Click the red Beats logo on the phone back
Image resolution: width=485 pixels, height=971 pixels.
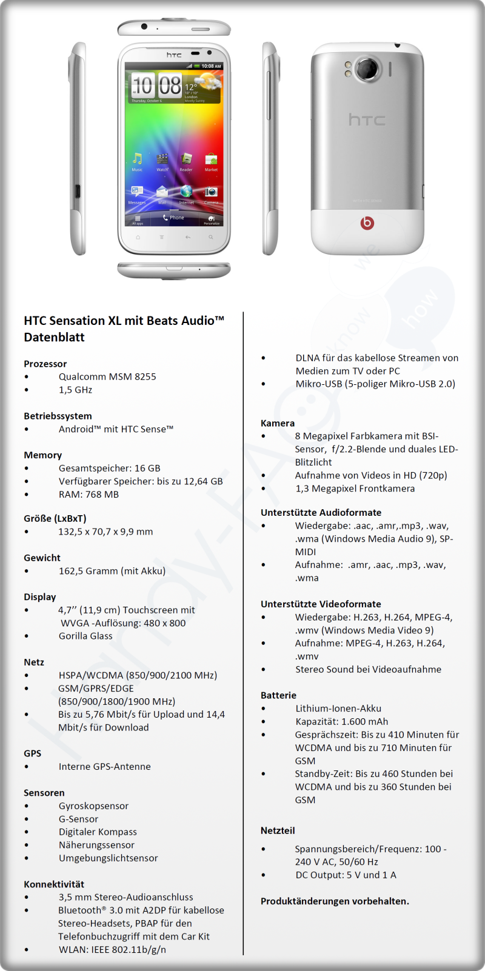point(367,223)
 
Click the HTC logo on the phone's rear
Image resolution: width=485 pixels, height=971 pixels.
point(367,120)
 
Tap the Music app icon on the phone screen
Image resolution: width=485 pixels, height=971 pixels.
point(138,159)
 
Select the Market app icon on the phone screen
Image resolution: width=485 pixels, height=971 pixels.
point(211,159)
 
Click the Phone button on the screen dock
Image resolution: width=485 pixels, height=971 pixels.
point(173,218)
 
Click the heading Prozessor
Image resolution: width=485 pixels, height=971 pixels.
point(45,364)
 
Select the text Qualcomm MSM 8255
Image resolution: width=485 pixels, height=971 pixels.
point(107,376)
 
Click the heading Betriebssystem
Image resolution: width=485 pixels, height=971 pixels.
point(58,416)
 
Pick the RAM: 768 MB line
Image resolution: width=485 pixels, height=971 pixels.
point(89,494)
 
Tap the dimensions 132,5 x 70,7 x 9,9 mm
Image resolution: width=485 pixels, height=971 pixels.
point(105,532)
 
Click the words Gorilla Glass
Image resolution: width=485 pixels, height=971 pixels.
point(85,636)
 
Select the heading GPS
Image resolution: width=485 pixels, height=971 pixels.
point(33,753)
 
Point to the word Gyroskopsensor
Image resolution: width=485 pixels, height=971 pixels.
point(93,806)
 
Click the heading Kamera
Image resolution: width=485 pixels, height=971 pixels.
point(278,423)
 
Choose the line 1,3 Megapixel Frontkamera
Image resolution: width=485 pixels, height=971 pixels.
point(355,488)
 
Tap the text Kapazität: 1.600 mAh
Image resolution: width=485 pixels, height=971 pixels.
point(341,721)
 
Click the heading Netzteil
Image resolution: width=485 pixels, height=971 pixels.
point(278,830)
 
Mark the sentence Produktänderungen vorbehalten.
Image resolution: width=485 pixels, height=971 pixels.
point(335,901)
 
